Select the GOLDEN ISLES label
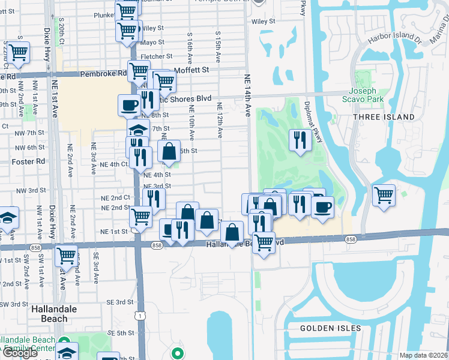pyautogui.click(x=331, y=328)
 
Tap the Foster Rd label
pyautogui.click(x=28, y=161)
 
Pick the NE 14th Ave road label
pyautogui.click(x=247, y=96)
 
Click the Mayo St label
pyautogui.click(x=152, y=43)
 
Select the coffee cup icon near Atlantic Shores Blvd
pyautogui.click(x=130, y=105)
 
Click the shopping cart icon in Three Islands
pyautogui.click(x=384, y=194)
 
